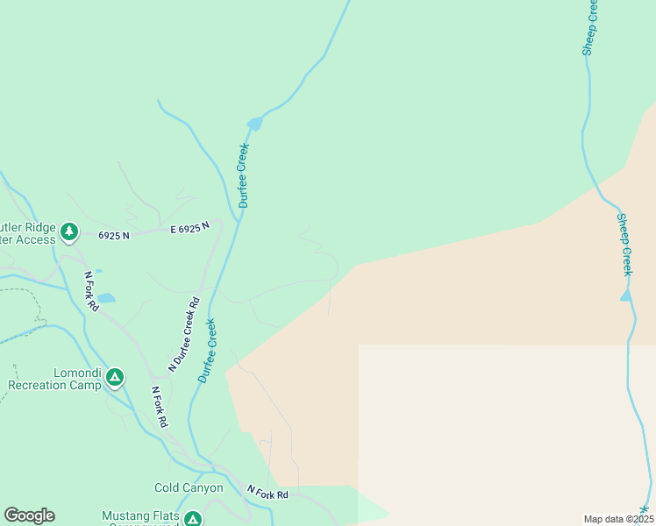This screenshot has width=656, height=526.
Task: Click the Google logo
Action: pos(29,515)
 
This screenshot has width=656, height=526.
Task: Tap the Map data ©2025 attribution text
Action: pos(618,519)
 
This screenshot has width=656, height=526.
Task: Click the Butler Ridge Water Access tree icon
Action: pos(69,232)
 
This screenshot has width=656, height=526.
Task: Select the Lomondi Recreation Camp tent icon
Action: pos(114,378)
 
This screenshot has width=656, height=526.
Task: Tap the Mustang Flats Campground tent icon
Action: pos(192,519)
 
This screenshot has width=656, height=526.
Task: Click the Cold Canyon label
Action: pos(189,488)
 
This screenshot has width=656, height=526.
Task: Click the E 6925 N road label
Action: pos(189,228)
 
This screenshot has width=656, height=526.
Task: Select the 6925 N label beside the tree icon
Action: pos(114,236)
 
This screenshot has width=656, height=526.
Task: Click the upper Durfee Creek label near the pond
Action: pos(243,175)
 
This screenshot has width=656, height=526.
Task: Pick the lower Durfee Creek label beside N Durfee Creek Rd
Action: pos(207,351)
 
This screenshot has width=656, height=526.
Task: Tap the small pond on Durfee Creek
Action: pos(254,124)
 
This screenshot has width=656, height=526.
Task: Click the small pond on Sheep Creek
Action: pos(625,296)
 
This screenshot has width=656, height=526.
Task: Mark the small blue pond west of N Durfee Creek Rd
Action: pos(105,299)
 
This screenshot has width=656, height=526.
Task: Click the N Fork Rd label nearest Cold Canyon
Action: pos(267,494)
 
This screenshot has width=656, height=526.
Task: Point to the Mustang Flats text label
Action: pos(140,515)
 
